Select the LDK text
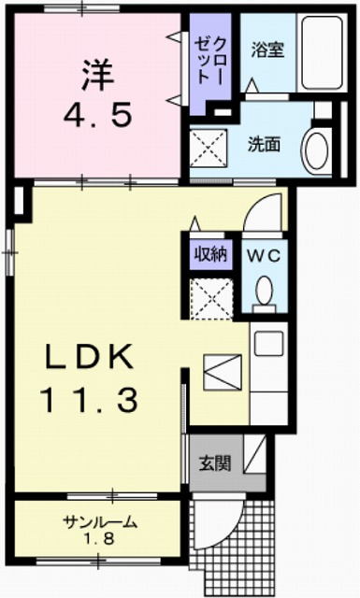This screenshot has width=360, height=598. (x=89, y=358)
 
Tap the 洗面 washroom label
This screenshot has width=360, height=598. (x=264, y=145)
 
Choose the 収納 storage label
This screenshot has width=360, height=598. (x=209, y=253)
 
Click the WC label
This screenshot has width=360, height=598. (x=263, y=254)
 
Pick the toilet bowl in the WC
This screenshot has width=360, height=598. (x=264, y=292)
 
